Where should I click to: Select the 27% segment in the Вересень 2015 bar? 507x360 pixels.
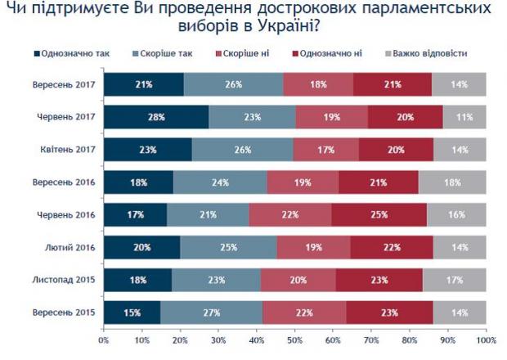(212, 313)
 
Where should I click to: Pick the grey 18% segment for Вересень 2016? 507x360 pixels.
(452, 182)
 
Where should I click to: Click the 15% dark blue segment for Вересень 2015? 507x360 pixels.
(132, 313)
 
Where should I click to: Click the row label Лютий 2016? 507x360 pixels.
(73, 248)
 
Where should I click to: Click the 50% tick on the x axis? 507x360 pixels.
(295, 337)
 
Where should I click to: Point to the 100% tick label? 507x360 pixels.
(485, 337)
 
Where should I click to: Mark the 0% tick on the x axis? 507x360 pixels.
(104, 337)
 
